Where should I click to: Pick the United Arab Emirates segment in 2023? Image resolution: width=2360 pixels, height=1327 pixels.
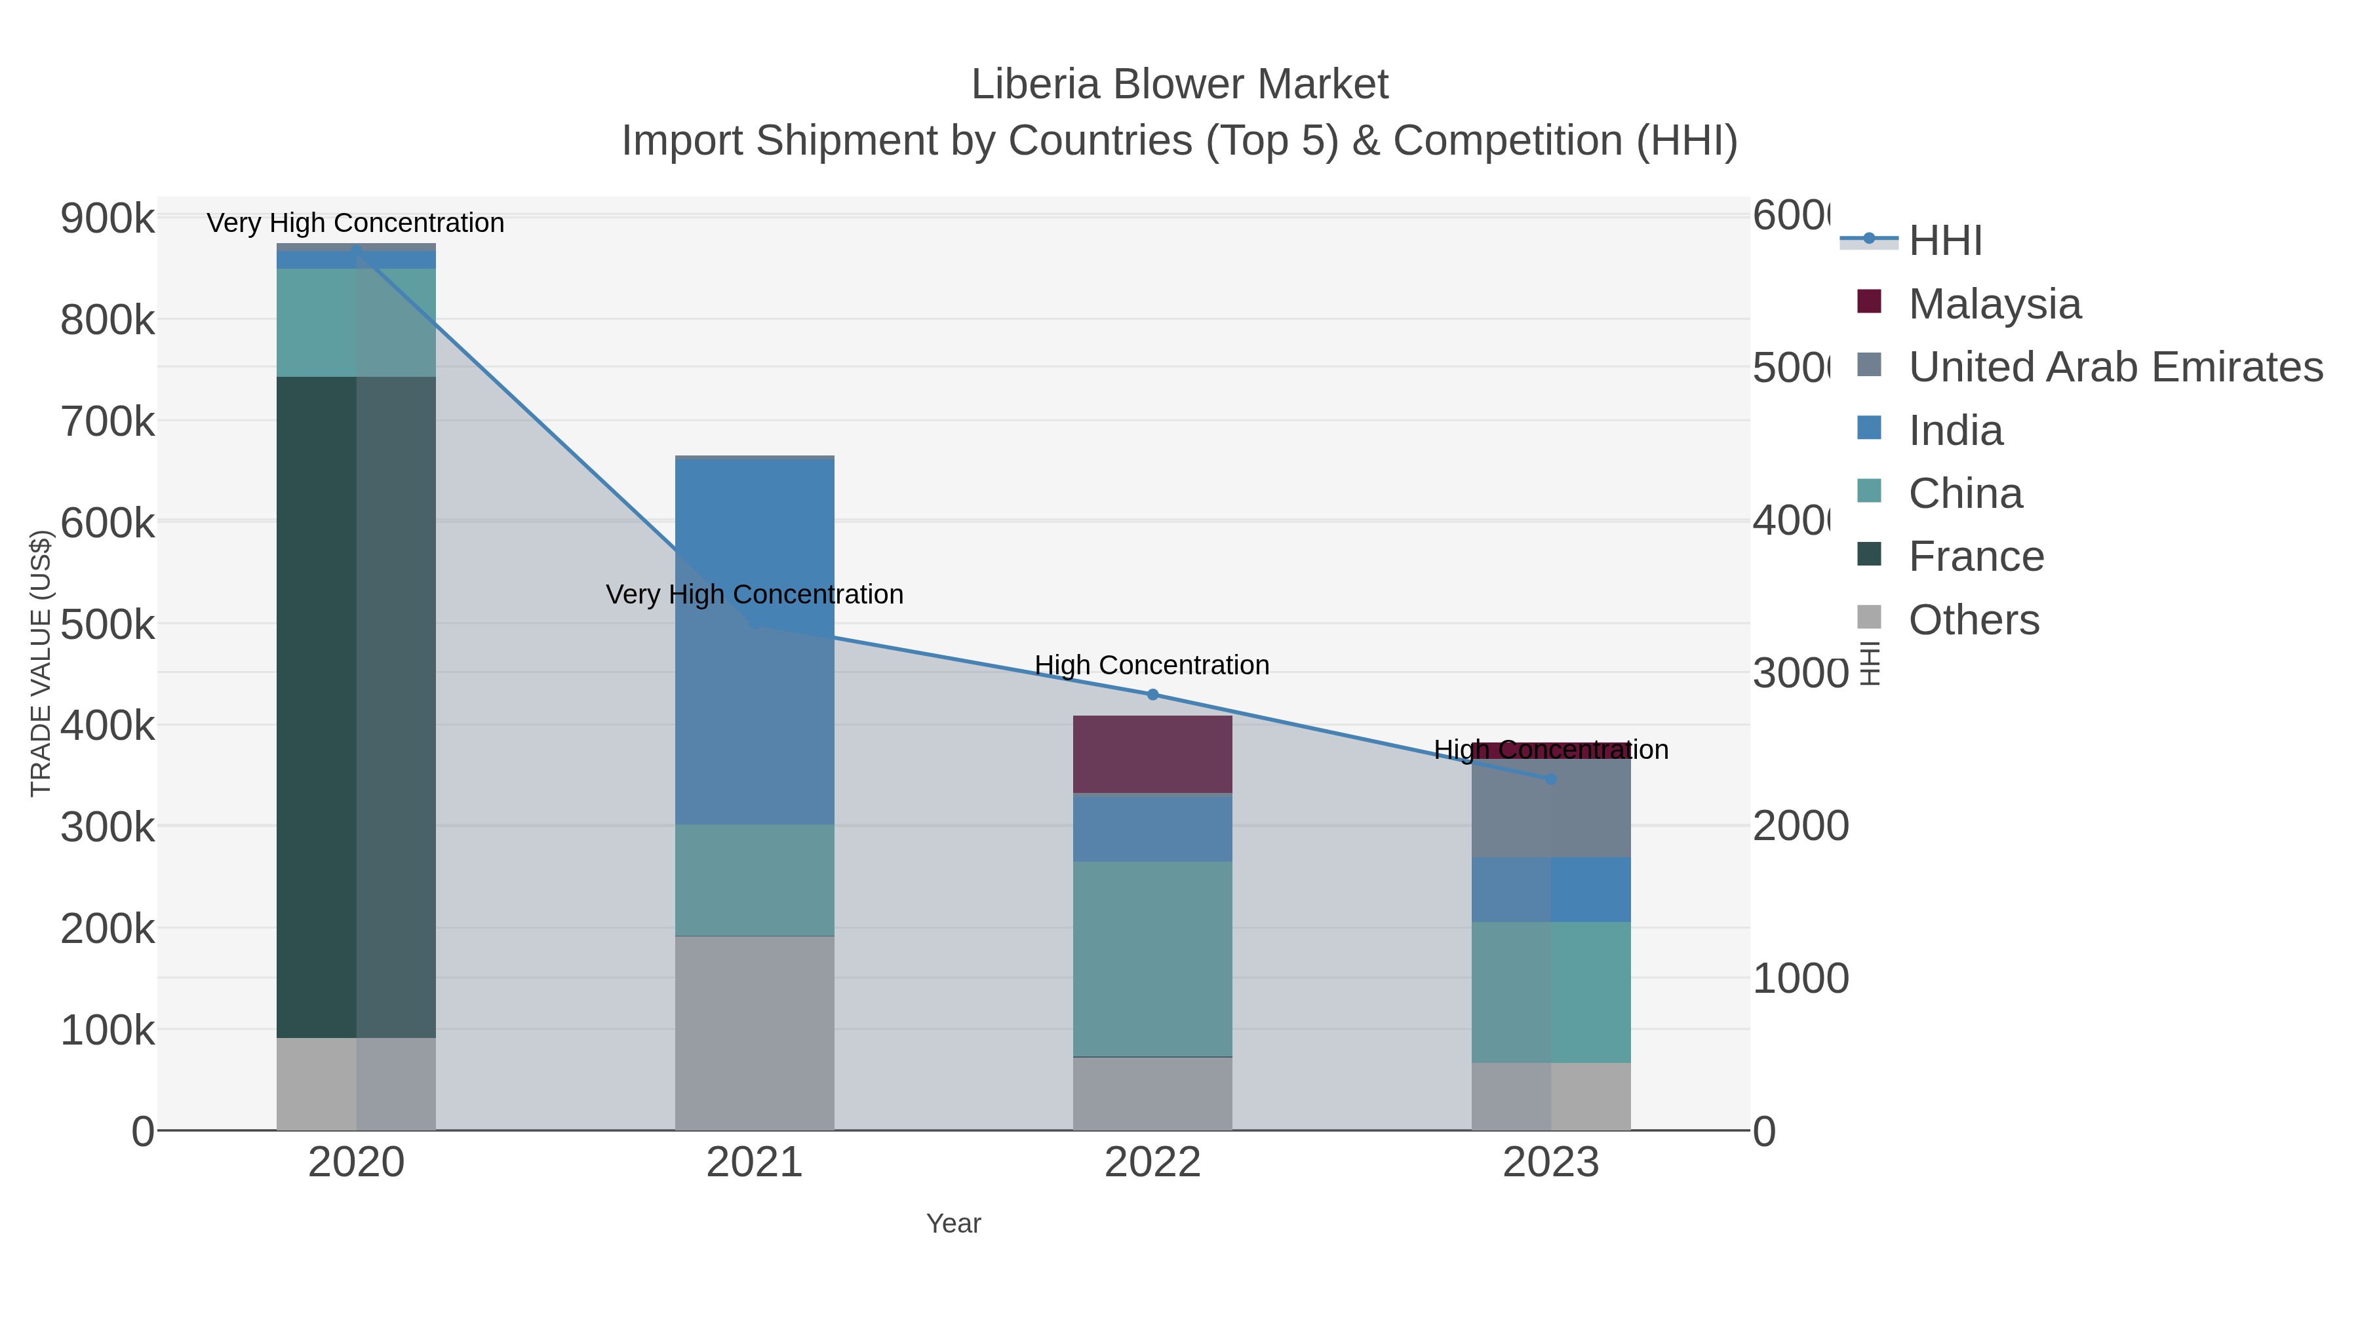point(1550,808)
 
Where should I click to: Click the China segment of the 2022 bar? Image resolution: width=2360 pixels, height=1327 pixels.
point(1152,958)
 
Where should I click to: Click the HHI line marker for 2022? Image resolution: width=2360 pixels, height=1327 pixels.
point(1152,694)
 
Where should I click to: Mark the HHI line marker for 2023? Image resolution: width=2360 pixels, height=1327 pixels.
point(1550,779)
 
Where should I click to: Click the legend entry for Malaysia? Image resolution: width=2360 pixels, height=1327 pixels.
point(1994,303)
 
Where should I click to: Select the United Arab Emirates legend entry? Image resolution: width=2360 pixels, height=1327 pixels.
point(2114,366)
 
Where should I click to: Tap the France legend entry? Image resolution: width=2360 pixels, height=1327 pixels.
point(1975,556)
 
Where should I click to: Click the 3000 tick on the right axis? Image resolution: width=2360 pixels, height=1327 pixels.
point(1799,673)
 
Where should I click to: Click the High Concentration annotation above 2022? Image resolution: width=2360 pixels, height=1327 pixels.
point(1152,665)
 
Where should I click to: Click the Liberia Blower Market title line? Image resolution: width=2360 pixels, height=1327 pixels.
point(1179,85)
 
